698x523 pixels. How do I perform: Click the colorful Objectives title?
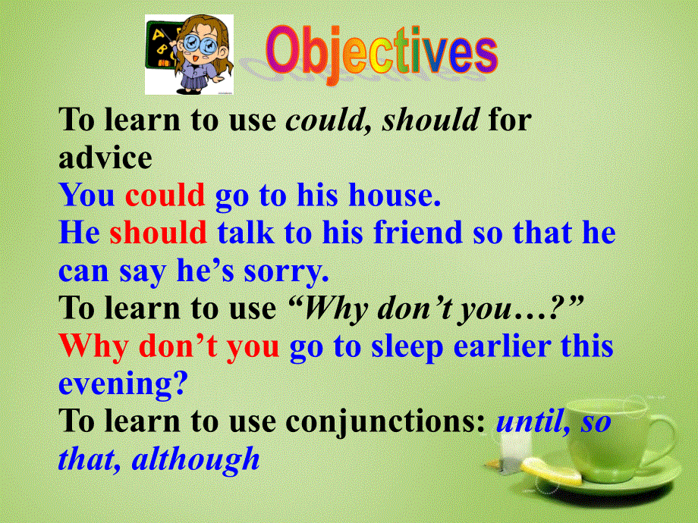point(382,53)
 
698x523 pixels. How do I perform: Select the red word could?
point(165,195)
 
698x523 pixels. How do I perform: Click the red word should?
point(158,233)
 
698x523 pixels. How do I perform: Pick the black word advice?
point(105,158)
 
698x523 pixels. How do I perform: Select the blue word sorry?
point(286,271)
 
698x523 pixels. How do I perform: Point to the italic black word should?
point(430,120)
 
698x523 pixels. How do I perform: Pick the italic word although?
point(196,459)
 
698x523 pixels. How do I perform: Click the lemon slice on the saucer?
point(552,471)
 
